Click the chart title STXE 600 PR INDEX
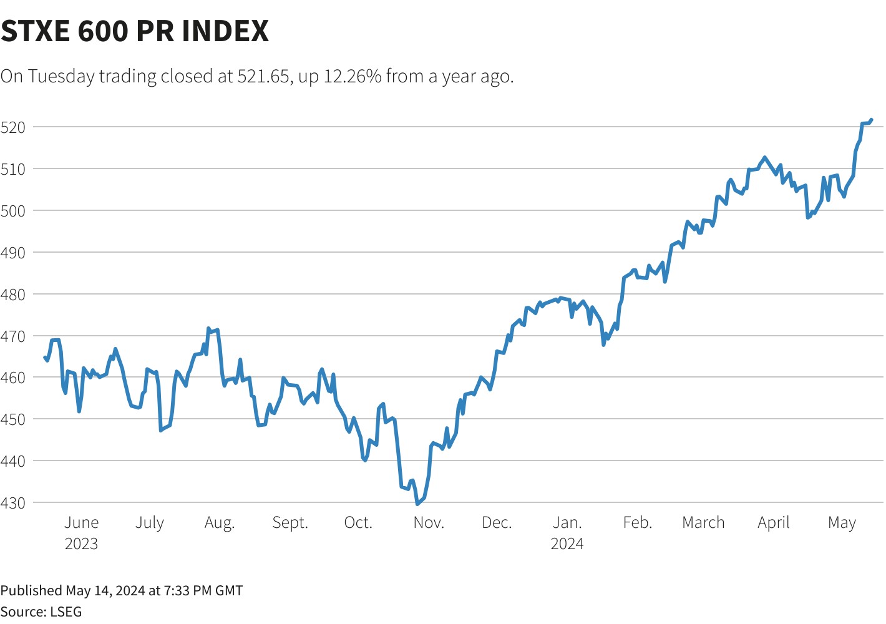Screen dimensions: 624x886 click(x=135, y=31)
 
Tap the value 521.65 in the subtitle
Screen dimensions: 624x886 click(x=263, y=76)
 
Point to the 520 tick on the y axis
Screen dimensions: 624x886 click(x=13, y=127)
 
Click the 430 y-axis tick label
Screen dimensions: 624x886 click(x=13, y=503)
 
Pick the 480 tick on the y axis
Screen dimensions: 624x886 click(x=13, y=295)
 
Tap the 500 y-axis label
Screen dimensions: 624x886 click(x=13, y=211)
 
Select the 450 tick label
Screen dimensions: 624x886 click(x=13, y=419)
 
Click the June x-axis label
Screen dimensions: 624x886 click(x=82, y=523)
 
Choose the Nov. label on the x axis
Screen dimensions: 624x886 click(x=429, y=523)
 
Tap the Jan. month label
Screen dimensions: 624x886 click(x=567, y=523)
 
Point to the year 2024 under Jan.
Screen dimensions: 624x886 click(x=567, y=544)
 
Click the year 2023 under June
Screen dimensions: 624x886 click(x=82, y=544)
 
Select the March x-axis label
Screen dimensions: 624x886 click(x=703, y=523)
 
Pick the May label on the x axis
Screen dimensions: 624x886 click(x=842, y=523)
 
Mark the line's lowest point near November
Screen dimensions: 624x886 click(x=417, y=504)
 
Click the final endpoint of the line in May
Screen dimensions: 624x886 click(x=871, y=120)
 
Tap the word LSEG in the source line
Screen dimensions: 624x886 click(x=66, y=612)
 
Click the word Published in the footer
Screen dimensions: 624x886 click(x=31, y=590)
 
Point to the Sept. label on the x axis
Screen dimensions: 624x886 click(x=290, y=523)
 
